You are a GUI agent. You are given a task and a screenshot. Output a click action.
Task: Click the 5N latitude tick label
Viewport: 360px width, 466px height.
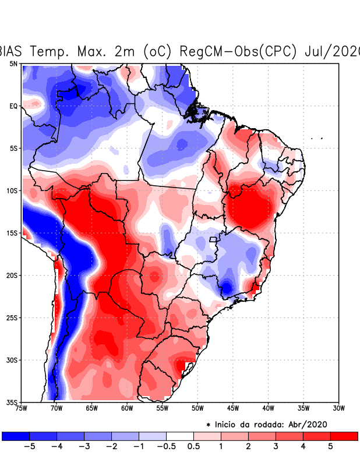pos(13,63)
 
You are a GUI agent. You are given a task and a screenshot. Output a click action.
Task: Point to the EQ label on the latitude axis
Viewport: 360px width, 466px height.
pos(13,106)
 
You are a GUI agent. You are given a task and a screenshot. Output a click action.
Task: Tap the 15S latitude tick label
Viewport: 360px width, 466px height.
pos(12,233)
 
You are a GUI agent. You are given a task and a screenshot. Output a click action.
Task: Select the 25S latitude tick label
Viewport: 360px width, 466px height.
pos(12,317)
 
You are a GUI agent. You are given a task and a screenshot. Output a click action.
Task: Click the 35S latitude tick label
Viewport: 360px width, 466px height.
pos(12,402)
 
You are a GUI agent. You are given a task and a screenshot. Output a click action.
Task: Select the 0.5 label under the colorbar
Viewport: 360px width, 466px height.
pos(194,446)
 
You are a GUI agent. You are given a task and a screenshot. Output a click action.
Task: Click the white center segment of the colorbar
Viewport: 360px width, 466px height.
pos(180,436)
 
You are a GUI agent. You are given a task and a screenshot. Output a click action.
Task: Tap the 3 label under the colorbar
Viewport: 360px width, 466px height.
pos(276,446)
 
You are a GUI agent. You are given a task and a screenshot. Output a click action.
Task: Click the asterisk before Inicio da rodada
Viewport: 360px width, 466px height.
pos(209,425)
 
